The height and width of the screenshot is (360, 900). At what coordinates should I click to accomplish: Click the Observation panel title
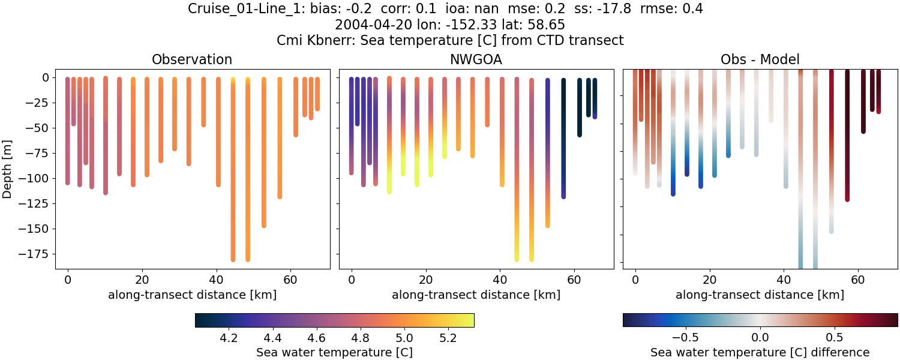(192, 59)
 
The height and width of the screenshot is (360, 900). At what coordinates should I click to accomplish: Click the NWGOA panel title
(476, 59)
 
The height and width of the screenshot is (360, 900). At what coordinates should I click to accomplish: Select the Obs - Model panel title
(760, 59)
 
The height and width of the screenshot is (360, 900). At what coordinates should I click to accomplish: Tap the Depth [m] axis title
(8, 168)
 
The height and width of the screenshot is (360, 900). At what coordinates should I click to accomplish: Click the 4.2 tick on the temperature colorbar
(229, 338)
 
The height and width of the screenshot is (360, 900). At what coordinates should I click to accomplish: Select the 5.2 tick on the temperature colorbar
(449, 338)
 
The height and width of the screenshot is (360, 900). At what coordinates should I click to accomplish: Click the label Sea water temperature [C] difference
(760, 352)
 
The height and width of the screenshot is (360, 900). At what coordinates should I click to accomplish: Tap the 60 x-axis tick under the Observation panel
(290, 280)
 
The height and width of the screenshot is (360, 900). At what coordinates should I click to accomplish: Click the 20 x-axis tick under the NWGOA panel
(425, 280)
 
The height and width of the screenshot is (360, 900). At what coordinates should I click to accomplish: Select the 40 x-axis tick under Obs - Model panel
(784, 280)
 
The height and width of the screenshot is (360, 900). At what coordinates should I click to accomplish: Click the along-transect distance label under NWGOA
(476, 295)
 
